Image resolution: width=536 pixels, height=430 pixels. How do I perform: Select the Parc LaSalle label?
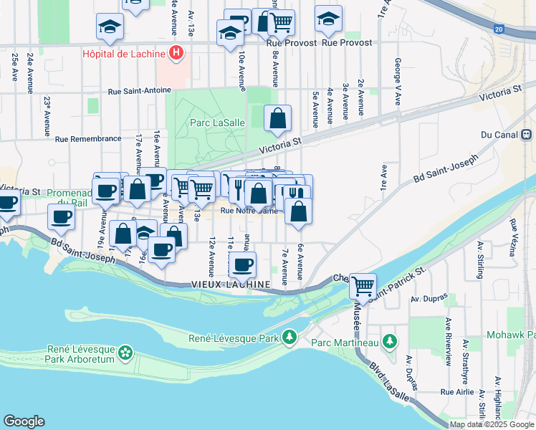tap(218, 123)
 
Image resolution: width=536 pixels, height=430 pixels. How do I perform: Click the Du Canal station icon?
tap(526, 134)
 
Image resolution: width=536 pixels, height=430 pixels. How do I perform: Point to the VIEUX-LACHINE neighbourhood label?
tap(230, 285)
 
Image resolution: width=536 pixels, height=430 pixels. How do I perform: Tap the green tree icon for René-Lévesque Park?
tap(289, 336)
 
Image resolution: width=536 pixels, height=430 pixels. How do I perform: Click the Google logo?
tap(24, 421)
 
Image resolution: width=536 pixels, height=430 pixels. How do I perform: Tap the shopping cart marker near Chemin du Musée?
tap(363, 285)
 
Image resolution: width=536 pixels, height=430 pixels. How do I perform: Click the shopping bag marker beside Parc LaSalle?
tap(277, 118)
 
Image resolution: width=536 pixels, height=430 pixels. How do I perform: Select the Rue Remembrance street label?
tap(88, 139)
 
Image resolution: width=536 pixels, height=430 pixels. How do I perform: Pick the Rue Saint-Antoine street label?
tap(140, 91)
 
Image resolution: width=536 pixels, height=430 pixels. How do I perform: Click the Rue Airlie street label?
tap(457, 391)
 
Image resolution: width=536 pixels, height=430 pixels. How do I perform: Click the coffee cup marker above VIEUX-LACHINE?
tap(243, 264)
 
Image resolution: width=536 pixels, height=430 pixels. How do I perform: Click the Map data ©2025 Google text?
tap(492, 424)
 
